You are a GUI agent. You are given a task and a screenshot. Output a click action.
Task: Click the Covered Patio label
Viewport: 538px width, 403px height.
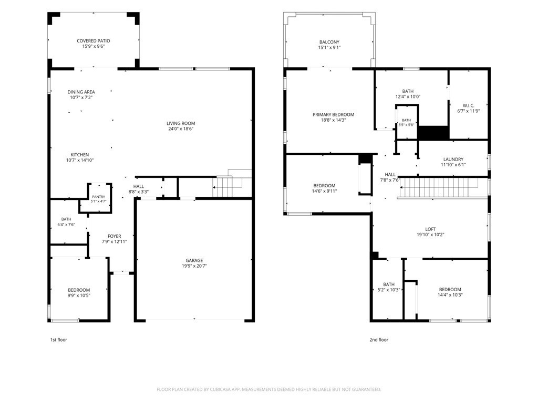click(x=94, y=41)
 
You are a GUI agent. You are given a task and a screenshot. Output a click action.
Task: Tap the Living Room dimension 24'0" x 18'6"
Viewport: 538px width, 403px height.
click(x=181, y=129)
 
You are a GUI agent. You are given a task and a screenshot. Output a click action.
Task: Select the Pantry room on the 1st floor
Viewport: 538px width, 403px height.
click(x=98, y=199)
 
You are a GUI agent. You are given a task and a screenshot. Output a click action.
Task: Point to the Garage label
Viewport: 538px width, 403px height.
click(x=194, y=260)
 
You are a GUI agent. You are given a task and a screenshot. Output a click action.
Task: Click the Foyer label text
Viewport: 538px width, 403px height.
click(x=114, y=236)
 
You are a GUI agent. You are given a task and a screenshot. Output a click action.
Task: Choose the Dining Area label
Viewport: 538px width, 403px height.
click(x=81, y=92)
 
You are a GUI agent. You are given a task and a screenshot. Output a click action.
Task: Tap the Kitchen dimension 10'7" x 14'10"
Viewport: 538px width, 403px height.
click(x=80, y=160)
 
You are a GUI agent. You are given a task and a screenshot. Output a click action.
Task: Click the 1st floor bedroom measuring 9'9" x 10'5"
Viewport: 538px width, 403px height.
click(x=79, y=290)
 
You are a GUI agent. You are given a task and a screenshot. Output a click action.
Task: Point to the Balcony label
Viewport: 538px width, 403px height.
click(x=329, y=42)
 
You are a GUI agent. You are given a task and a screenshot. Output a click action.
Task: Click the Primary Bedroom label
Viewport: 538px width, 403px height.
click(x=333, y=114)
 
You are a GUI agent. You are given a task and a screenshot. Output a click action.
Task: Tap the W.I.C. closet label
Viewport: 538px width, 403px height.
click(x=468, y=105)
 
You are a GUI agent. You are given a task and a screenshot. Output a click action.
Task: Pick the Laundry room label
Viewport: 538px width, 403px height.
click(x=453, y=160)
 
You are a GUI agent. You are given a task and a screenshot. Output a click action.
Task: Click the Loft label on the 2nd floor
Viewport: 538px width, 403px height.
click(x=431, y=229)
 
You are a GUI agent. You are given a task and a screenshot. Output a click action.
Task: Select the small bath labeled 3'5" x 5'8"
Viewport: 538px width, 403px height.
click(x=407, y=122)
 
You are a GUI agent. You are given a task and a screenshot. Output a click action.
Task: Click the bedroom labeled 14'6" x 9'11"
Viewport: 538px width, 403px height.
click(x=324, y=188)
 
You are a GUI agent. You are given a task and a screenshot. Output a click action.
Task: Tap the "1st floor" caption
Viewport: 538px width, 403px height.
click(x=59, y=340)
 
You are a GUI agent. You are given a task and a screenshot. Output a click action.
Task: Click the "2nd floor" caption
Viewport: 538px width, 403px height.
click(x=379, y=340)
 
